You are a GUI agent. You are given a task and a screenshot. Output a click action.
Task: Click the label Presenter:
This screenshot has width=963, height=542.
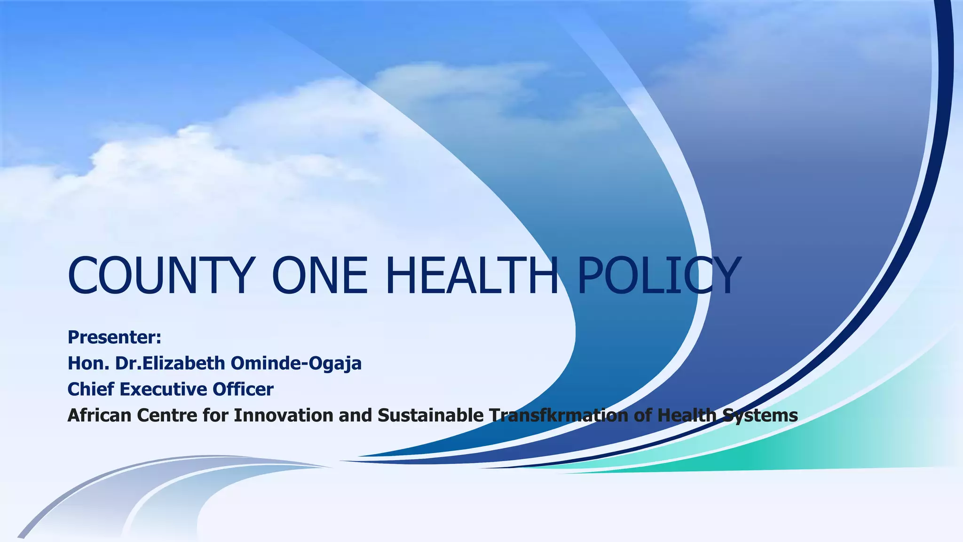(115, 337)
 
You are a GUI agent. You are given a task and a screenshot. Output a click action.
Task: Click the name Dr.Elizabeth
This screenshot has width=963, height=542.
(170, 363)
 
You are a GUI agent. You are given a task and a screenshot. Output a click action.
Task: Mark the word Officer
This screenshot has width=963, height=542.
(243, 389)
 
